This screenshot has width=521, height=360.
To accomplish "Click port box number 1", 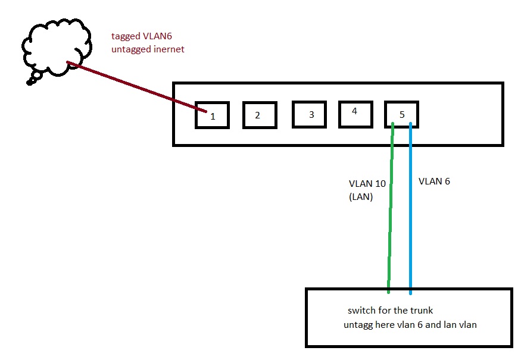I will pos(212,115).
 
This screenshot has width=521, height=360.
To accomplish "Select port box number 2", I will pos(260,115).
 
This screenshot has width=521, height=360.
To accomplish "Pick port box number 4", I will pos(355,113).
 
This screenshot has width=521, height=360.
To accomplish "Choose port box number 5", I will pos(401,114).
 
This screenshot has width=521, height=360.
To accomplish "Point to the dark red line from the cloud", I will pos(137,87).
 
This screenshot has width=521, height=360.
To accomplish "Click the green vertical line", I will pos(391,208).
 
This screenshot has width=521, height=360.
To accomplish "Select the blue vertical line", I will pos(411,208).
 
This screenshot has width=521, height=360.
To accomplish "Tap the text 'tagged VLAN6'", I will pos(141,36).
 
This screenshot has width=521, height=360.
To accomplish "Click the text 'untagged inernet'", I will pos(148,49).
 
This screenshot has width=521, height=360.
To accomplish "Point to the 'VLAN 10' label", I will pos(367,184).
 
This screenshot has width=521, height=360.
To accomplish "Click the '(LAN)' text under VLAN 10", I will pos(361,197).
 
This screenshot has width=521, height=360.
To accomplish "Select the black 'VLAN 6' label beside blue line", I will pos(434,181).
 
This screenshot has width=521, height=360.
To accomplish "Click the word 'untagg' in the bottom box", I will pos(357,325).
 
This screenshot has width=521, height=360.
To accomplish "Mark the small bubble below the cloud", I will pos(30,82).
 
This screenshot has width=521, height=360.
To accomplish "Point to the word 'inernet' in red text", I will pos(167,49).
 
